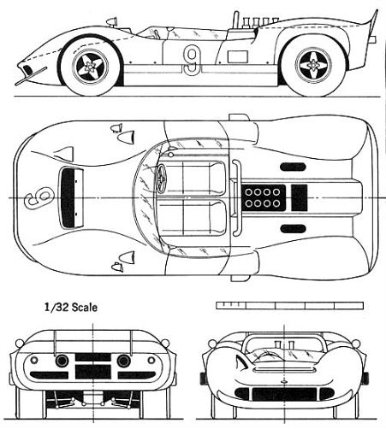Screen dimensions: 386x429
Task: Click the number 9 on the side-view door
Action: (192, 61)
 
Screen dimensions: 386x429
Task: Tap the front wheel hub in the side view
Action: (91, 67)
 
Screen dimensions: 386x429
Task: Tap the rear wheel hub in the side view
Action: (313, 66)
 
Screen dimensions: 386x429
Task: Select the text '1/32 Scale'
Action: (71, 308)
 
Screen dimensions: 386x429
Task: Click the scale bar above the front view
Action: (289, 305)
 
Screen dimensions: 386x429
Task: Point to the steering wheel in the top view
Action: (162, 176)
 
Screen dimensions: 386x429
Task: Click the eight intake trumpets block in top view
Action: (264, 197)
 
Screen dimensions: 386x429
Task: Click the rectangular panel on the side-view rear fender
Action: (237, 56)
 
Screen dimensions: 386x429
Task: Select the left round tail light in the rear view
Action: (62, 361)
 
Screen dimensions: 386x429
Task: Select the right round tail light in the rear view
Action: (123, 361)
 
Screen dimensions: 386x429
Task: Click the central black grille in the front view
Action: (284, 394)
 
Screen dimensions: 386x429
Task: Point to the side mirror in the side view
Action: (112, 21)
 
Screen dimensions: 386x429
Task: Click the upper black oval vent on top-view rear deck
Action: (293, 167)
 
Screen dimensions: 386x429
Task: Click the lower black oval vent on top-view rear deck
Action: (293, 228)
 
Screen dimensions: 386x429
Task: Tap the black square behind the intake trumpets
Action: (300, 197)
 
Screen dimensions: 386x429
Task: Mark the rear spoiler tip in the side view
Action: (377, 11)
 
